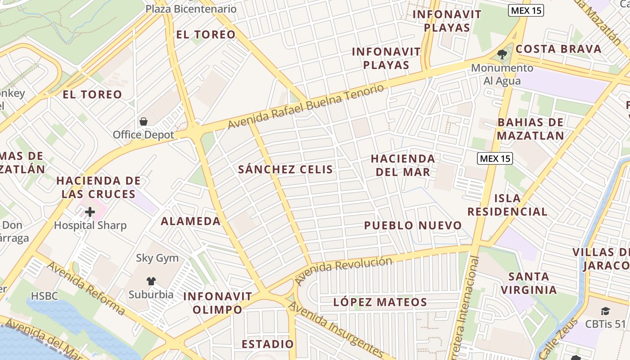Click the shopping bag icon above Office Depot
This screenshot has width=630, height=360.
pos(144,121)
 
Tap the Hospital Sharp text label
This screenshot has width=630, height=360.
pos(90,225)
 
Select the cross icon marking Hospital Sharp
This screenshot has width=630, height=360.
pos(90,212)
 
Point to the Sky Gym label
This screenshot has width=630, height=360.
pos(157,258)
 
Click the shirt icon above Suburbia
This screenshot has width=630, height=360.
pos(151,281)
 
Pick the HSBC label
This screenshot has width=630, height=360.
pos(45,296)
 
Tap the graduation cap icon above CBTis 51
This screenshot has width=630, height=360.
pos(605,311)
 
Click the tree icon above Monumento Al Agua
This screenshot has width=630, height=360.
pos(502,55)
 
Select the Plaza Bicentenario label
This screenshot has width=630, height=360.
pos(191,9)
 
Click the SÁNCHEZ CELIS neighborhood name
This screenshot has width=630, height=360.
pos(286,170)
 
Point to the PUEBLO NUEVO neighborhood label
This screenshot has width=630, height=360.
pos(413,225)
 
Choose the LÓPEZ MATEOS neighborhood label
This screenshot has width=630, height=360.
pos(380,302)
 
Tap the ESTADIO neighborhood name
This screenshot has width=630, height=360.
pos(267,344)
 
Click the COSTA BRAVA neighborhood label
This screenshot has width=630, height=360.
pos(558,49)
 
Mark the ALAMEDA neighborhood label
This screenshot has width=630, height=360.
pos(191,221)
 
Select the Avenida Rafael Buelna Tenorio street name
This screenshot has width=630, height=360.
pos(306,107)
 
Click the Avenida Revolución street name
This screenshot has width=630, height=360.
pos(343,270)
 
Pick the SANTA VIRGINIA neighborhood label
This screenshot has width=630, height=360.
pos(529,283)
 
